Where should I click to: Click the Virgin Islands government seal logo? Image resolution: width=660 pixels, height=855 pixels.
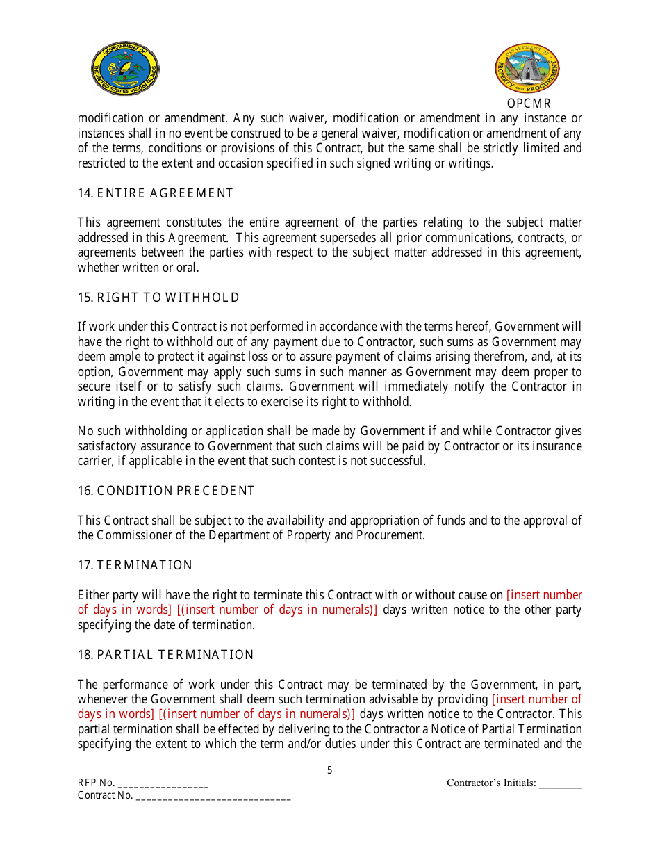coord(126,68)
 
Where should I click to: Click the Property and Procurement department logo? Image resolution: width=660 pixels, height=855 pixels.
coord(527,69)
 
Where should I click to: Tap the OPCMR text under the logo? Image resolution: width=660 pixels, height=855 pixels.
coord(529,104)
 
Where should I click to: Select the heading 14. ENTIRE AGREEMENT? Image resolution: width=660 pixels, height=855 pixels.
coord(155,193)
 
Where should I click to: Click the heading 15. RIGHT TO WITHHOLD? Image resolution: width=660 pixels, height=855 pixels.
coord(158,298)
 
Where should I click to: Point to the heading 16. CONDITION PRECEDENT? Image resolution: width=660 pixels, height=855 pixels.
coord(166,491)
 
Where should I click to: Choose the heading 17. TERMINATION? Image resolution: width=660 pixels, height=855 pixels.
coord(135,565)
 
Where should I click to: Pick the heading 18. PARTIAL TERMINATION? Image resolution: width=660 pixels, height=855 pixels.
coord(165,655)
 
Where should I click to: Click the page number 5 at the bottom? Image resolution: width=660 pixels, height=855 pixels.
coord(330,770)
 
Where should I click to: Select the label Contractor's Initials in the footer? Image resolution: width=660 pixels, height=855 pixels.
coord(490,783)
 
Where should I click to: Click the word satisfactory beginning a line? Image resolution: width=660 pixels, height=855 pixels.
coord(108,446)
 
